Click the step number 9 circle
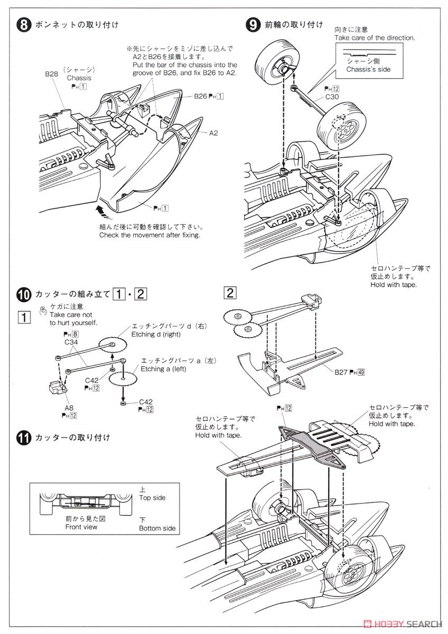click(x=254, y=25)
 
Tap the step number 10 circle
click(x=24, y=294)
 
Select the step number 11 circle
click(x=24, y=437)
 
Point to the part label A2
click(x=213, y=133)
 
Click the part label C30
click(x=332, y=97)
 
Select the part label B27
click(x=341, y=372)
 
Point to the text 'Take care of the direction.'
click(x=375, y=38)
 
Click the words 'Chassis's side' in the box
click(x=368, y=70)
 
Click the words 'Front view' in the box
click(x=81, y=527)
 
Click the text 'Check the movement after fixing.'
click(x=150, y=235)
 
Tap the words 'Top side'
click(x=152, y=498)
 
